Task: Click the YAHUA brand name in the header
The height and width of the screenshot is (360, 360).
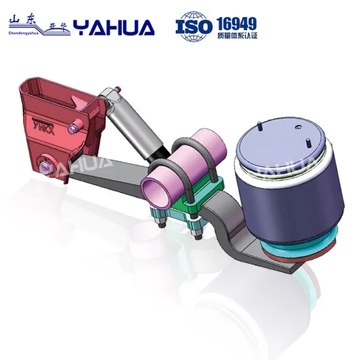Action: coord(114,27)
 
